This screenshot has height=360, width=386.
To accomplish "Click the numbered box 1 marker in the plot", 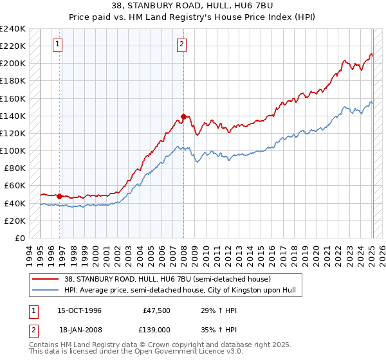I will pyautogui.click(x=58, y=44).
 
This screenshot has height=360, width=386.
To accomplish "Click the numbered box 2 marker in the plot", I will pyautogui.click(x=182, y=44).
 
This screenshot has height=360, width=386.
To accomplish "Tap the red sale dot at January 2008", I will pyautogui.click(x=184, y=117).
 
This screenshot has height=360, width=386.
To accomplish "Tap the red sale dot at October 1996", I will pyautogui.click(x=60, y=196).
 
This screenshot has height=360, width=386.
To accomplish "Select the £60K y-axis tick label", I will pyautogui.click(x=15, y=186).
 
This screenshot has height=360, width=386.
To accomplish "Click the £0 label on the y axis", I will pyautogui.click(x=20, y=238).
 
